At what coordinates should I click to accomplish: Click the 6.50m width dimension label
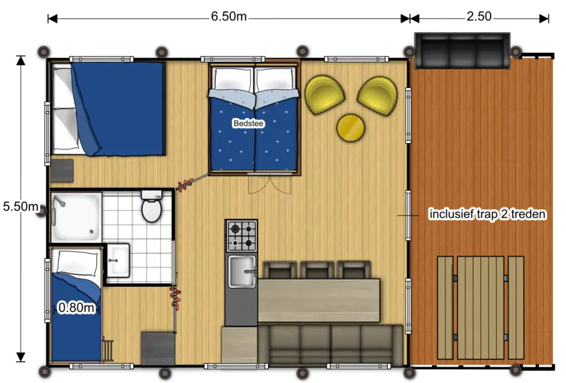228,17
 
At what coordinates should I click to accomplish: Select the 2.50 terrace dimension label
479,17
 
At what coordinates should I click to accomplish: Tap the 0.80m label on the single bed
76,308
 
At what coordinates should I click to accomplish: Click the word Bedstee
248,124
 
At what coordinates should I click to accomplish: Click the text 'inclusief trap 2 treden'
487,214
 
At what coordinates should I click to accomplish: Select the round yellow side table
351,127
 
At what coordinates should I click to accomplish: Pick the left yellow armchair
325,95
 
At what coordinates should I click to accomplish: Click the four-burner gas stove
241,235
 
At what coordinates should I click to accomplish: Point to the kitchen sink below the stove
241,271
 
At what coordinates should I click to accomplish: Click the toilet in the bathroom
152,207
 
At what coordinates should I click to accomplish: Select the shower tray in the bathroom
76,217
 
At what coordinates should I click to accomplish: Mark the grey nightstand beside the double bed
62,170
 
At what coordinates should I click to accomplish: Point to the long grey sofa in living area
330,345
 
